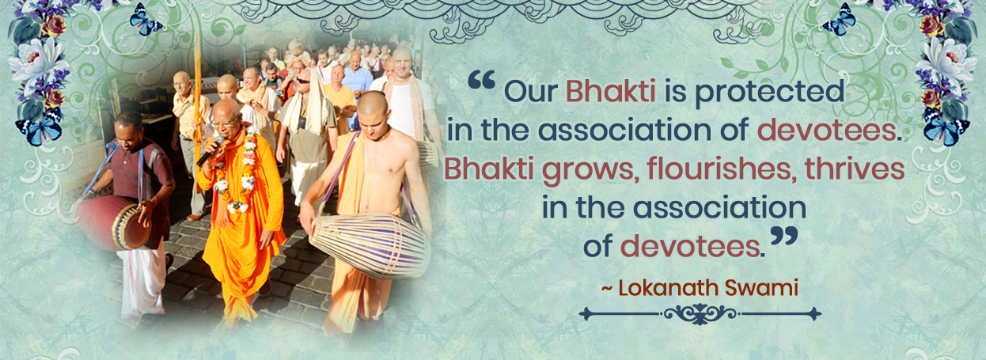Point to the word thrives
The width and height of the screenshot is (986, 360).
point(855,169)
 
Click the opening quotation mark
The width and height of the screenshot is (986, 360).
point(482,81)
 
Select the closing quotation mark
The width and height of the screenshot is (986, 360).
point(784,236)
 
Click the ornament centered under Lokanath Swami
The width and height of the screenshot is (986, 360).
point(700,314)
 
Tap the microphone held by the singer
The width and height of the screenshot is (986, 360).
point(210,151)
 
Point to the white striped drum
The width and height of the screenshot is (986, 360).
point(370,245)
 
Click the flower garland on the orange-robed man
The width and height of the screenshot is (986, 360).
point(237,172)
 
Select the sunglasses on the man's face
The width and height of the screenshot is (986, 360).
point(303,81)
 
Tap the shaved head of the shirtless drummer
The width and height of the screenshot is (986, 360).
point(372,104)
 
